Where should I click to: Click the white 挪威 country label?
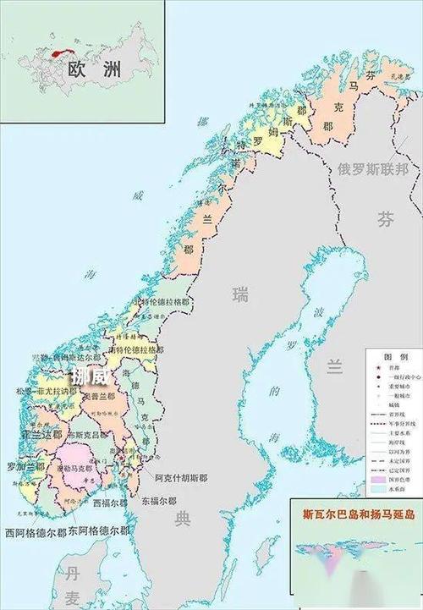tap(90, 375)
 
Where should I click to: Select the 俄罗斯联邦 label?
tap(372, 168)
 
